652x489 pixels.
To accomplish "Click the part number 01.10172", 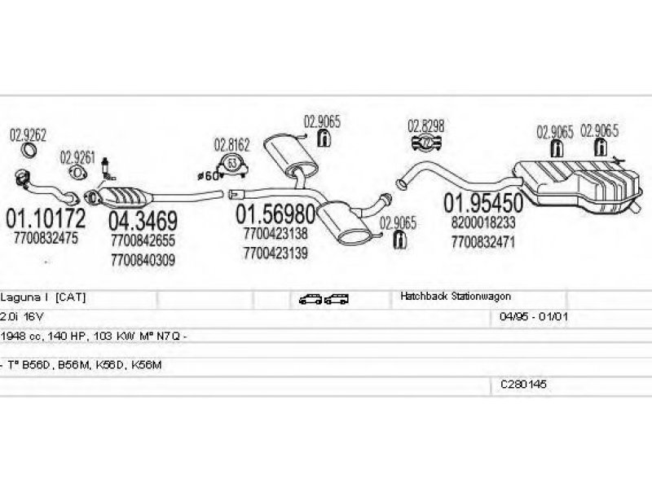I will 45,218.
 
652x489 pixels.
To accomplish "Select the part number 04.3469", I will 143,221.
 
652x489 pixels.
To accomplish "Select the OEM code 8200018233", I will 482,222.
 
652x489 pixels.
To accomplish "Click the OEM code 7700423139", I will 275,253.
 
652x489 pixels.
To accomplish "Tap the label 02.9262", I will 28,134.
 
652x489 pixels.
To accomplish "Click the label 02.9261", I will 77,156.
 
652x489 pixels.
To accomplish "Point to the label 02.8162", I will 232,146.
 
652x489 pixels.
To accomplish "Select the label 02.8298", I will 426,126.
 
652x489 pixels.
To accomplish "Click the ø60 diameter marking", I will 209,175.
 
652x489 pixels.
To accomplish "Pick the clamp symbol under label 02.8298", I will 426,144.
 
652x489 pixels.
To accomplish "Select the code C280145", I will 523,383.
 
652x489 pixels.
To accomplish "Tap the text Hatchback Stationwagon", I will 456,297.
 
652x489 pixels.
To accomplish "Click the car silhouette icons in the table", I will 324,299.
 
